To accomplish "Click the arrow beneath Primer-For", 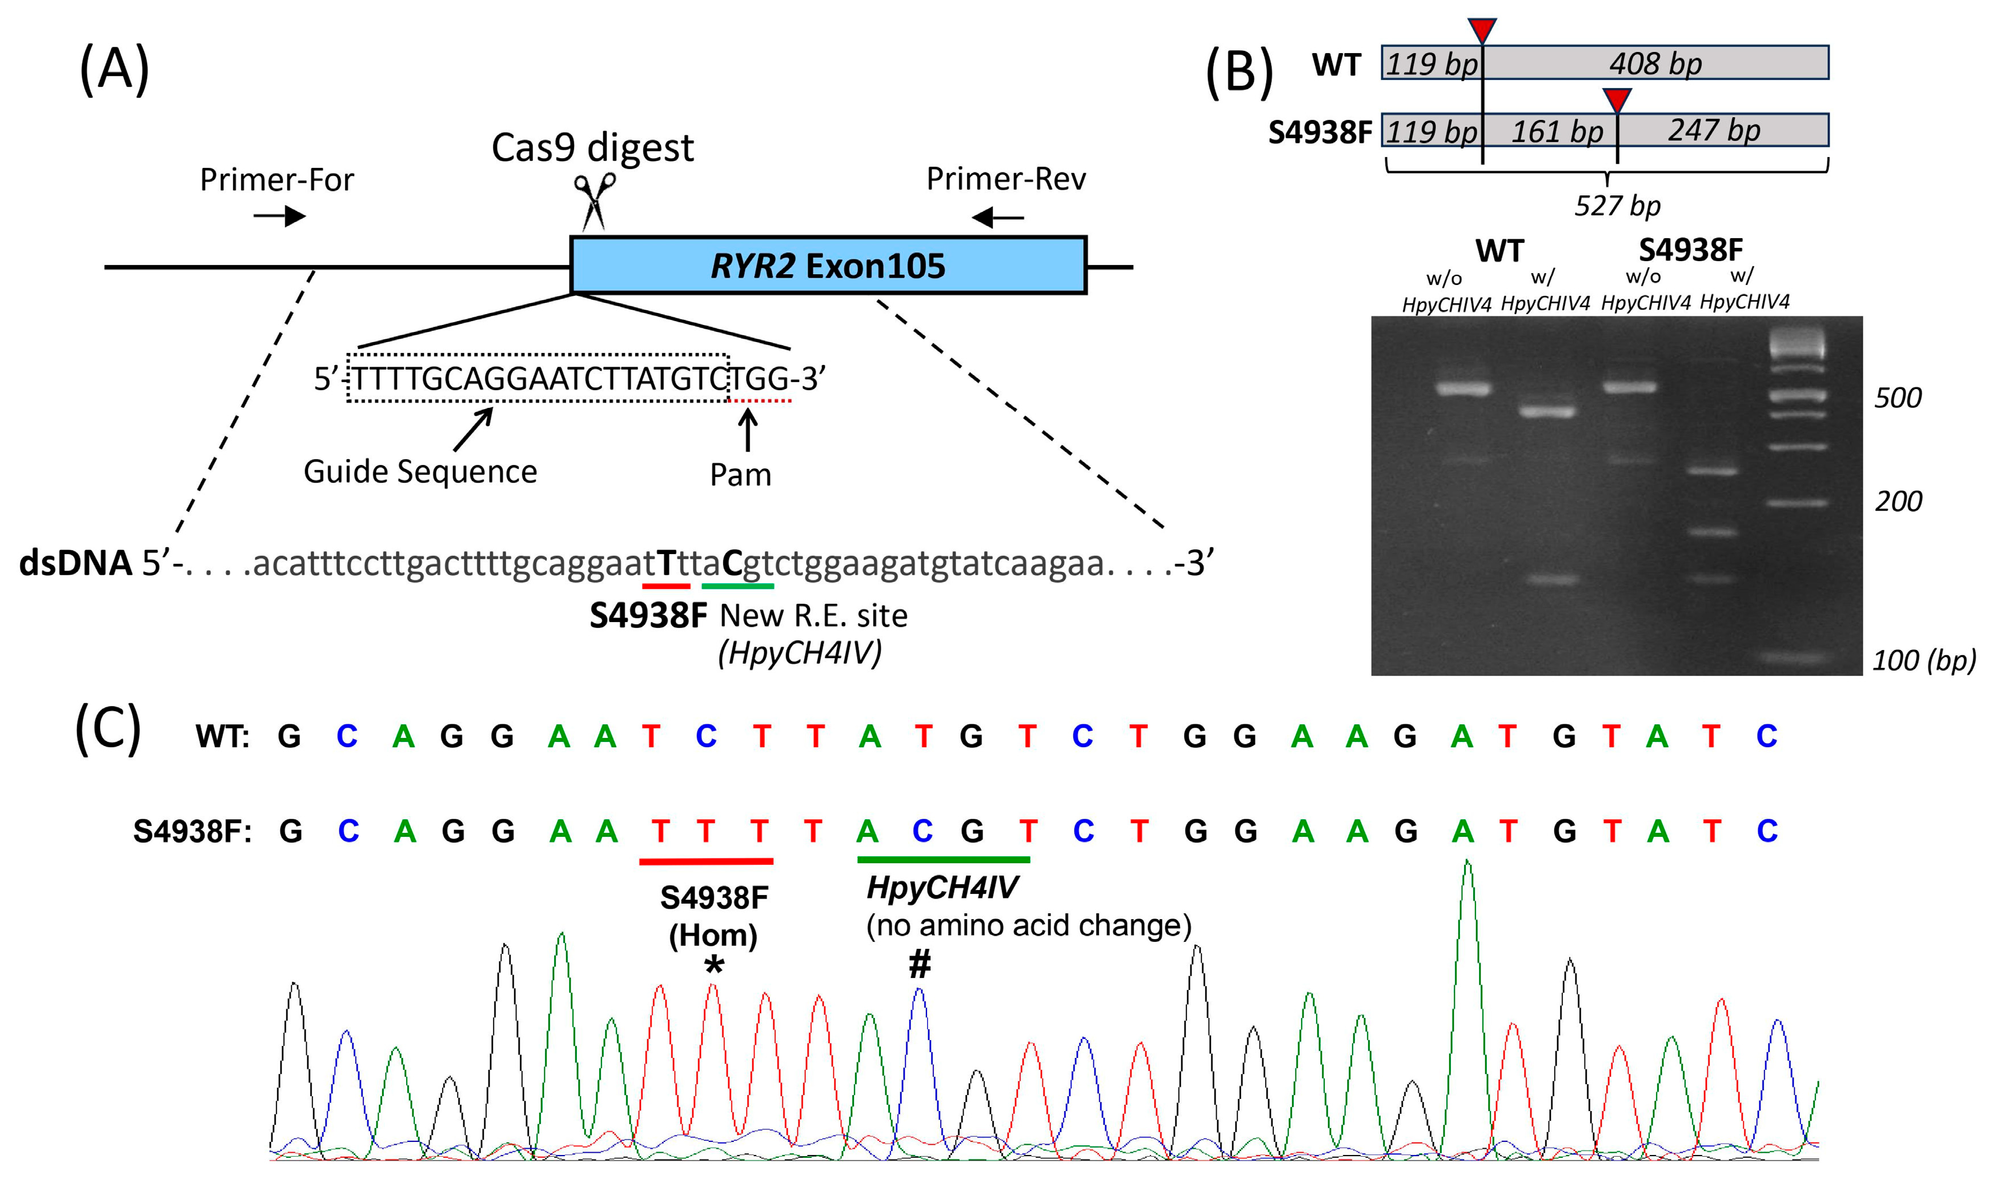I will click(279, 215).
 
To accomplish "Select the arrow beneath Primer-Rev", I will click(998, 216).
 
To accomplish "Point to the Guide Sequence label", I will click(420, 472).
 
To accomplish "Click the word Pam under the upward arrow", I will click(740, 475).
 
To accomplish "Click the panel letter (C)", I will click(108, 729).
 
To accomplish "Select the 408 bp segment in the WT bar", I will click(1655, 63).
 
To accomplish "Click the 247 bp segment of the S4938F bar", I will click(1714, 130).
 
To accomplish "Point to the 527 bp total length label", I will click(1617, 206).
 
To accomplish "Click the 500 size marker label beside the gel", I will click(1898, 397).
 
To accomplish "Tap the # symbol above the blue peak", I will click(919, 964).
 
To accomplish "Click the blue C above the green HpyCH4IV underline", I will click(921, 831).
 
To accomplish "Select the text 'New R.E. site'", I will click(813, 616).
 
